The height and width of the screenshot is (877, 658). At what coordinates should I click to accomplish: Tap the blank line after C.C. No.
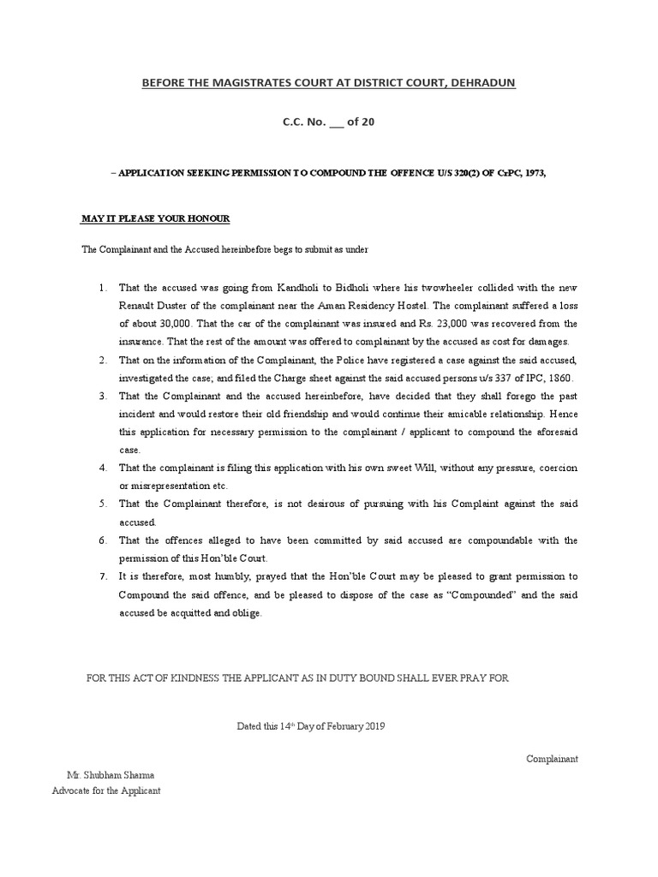coord(336,122)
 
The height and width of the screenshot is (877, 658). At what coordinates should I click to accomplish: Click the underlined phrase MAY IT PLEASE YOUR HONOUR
coord(156,219)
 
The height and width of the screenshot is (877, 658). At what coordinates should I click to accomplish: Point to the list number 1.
coord(102,287)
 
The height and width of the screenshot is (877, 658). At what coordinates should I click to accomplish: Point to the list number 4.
coord(102,468)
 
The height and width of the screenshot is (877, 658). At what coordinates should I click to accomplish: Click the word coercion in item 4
coord(556,468)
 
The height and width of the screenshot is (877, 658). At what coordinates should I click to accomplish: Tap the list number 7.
coord(102,576)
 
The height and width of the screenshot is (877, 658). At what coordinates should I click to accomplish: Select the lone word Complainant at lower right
coord(553,759)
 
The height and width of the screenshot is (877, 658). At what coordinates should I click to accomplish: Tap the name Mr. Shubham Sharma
coord(106,774)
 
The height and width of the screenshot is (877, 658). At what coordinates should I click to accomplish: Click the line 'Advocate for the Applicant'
coord(106,790)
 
